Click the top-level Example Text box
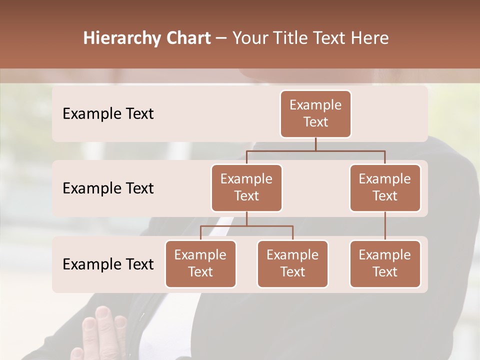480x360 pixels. coord(315,113)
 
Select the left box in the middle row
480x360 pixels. coord(246,187)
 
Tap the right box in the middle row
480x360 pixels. coord(385,187)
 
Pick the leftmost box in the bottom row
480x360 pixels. coord(200,263)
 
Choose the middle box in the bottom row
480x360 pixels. coord(292,263)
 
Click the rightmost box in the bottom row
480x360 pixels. coord(385,263)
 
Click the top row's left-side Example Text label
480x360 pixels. coord(108,113)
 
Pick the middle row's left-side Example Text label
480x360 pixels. coord(108,188)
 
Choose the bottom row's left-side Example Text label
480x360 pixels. coord(108,264)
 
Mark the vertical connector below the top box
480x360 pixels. coord(315,144)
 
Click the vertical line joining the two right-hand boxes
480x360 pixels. coord(385,226)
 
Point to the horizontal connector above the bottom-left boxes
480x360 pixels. coord(246,226)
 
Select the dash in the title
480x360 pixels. coord(221,38)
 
